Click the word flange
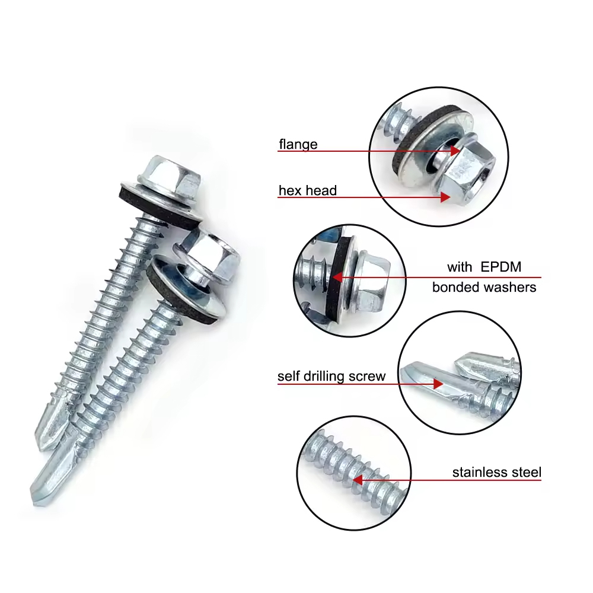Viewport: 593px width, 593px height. coord(298,144)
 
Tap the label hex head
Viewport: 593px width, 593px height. coord(308,190)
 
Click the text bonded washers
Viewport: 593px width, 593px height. coord(484,287)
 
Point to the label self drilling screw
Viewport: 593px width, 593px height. coord(331,376)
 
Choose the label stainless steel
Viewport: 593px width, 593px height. coord(496,473)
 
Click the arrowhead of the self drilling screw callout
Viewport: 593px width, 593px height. coord(438,384)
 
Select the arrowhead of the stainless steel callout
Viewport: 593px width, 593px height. coord(358,480)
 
